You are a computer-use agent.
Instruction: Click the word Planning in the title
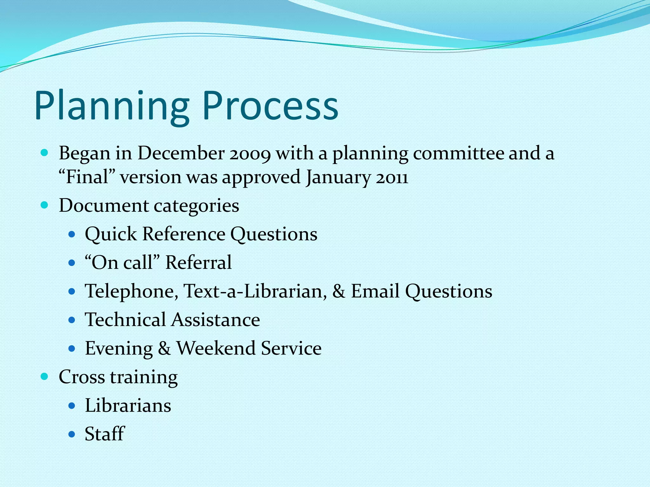(x=112, y=106)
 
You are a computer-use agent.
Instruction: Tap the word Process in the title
(x=270, y=106)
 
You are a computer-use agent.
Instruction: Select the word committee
(x=458, y=153)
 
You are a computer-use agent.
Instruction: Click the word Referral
(x=198, y=263)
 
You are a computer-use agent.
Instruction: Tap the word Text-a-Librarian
(x=255, y=291)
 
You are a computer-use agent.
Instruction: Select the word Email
(x=375, y=291)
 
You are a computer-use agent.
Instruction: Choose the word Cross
(x=82, y=377)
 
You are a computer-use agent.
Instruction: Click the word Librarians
(x=128, y=406)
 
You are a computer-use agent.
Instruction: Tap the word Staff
(x=104, y=434)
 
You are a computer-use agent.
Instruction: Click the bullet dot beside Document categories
(x=44, y=205)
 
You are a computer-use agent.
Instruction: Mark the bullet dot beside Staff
(x=72, y=434)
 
